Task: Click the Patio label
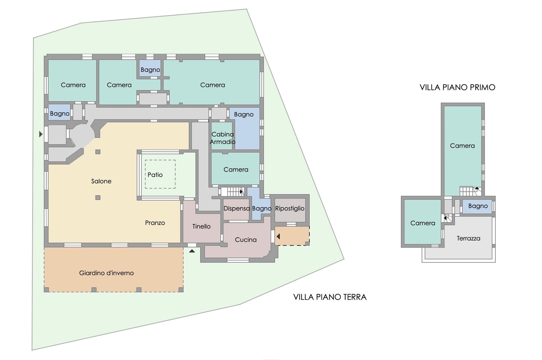pyautogui.click(x=155, y=175)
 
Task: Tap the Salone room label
pyautogui.click(x=101, y=181)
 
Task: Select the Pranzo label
pyautogui.click(x=155, y=223)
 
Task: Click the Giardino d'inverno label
pyautogui.click(x=107, y=273)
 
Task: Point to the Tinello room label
pyautogui.click(x=201, y=226)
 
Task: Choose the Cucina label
pyautogui.click(x=245, y=239)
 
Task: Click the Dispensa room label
pyautogui.click(x=236, y=209)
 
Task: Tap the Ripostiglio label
pyautogui.click(x=290, y=209)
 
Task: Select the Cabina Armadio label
pyautogui.click(x=222, y=138)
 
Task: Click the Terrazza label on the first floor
pyautogui.click(x=469, y=238)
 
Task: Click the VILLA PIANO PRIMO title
pyautogui.click(x=457, y=87)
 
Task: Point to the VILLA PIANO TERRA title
pyautogui.click(x=330, y=297)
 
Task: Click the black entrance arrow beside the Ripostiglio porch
pyautogui.click(x=278, y=236)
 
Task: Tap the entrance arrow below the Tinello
pyautogui.click(x=192, y=251)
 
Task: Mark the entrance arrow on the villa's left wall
pyautogui.click(x=41, y=134)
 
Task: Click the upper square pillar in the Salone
pyautogui.click(x=98, y=152)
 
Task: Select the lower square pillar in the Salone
pyautogui.click(x=98, y=198)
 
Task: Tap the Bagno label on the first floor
pyautogui.click(x=478, y=206)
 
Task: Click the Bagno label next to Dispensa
pyautogui.click(x=262, y=209)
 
